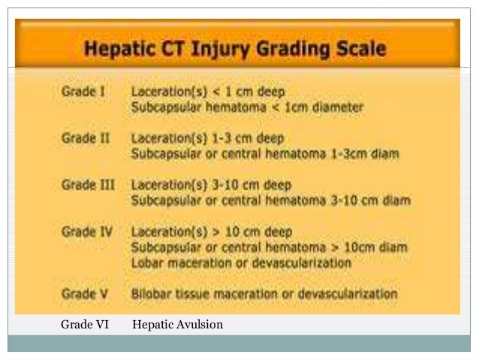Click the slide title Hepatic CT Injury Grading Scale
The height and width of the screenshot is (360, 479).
[x=235, y=50]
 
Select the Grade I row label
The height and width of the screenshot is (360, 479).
[x=83, y=93]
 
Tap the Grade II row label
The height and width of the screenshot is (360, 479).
[x=84, y=139]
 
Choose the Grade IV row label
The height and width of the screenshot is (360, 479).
[x=86, y=232]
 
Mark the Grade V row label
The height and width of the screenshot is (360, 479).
[x=83, y=293]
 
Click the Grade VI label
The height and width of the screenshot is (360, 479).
[x=84, y=325]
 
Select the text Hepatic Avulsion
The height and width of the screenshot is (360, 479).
[x=177, y=325]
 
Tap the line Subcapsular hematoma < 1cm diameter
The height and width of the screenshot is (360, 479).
[x=247, y=107]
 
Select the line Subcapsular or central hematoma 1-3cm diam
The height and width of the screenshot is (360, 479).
[x=265, y=154]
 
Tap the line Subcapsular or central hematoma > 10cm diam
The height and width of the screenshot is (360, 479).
[x=269, y=247]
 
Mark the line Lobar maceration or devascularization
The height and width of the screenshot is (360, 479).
[x=241, y=262]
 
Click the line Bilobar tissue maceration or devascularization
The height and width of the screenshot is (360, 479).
[x=264, y=293]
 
